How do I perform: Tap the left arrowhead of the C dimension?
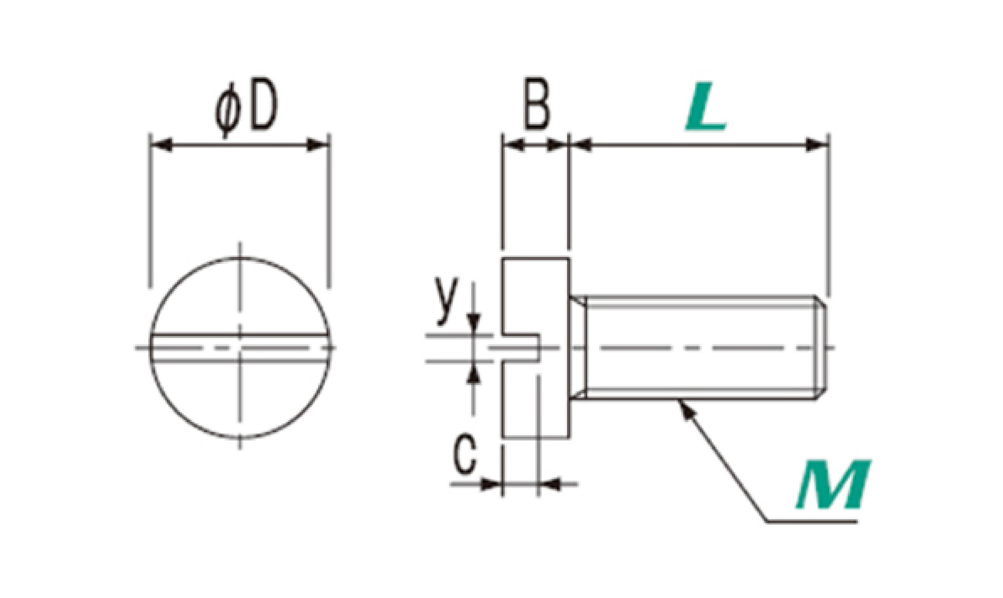click(491, 484)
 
